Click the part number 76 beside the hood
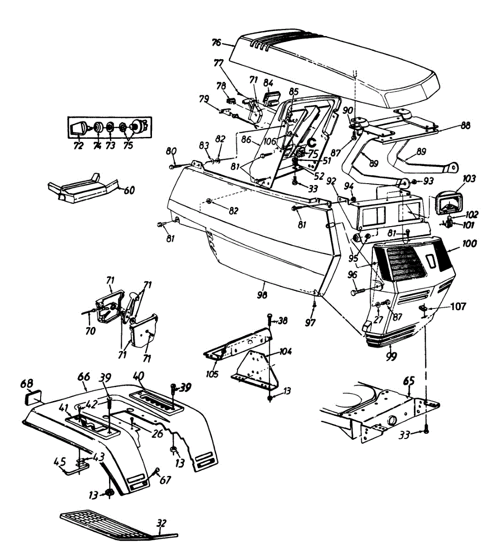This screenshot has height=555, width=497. [216, 43]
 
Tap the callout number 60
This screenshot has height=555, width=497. [129, 190]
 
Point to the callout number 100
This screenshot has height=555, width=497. [468, 243]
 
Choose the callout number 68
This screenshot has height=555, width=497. [27, 384]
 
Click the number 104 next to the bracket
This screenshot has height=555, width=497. [285, 351]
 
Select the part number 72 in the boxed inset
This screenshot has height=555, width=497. [78, 146]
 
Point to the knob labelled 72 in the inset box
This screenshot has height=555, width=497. [78, 129]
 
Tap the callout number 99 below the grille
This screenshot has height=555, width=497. [391, 356]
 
